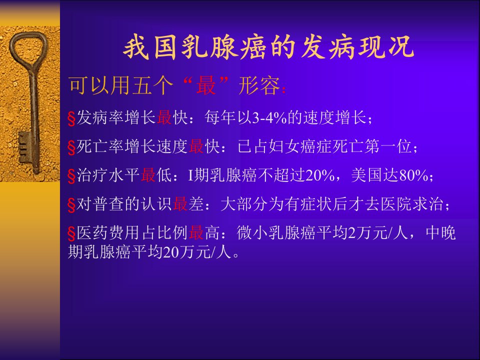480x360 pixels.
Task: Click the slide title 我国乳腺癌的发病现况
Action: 268,48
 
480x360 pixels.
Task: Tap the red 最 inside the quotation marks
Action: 206,85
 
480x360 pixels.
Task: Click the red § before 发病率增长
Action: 71,118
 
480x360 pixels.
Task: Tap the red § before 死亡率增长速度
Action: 71,147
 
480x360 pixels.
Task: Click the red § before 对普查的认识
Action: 71,205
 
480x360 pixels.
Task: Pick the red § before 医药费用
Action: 71,234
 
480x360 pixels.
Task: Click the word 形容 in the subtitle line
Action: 259,85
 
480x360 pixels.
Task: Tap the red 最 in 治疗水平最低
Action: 148,175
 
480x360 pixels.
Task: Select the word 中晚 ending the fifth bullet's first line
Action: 441,233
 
